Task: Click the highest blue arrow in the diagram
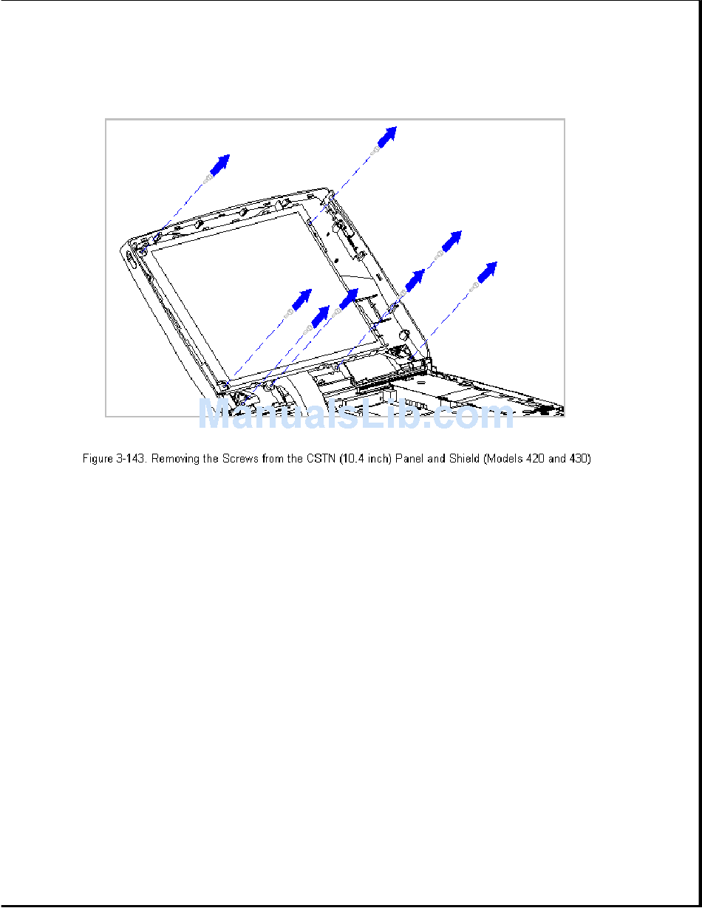387,136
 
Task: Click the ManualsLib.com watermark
355,416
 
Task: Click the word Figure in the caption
96,460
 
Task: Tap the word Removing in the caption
176,460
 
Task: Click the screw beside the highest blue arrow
376,149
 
